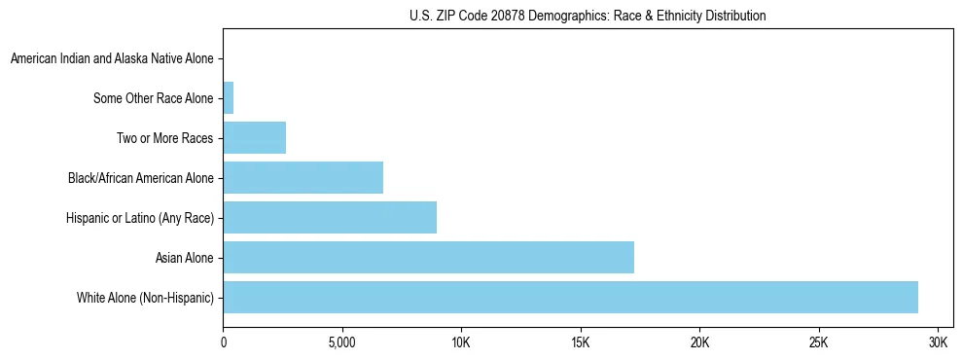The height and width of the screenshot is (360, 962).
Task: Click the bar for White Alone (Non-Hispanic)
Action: point(570,297)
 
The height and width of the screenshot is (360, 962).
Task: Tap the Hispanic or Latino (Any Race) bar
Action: point(330,217)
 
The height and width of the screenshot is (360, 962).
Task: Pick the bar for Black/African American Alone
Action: point(303,178)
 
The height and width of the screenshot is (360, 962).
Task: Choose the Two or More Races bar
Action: point(254,138)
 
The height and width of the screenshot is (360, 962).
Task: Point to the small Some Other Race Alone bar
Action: point(229,98)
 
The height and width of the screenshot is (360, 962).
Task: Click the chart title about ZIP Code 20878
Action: point(588,16)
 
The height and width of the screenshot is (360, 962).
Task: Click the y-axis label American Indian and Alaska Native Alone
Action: point(112,59)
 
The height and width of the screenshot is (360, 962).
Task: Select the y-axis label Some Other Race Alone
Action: point(153,98)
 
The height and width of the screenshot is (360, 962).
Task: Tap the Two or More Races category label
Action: point(164,138)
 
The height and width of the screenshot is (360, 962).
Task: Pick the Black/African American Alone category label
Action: point(140,178)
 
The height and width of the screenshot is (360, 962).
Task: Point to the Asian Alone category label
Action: point(184,258)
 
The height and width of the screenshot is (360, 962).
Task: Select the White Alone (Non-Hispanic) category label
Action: point(145,297)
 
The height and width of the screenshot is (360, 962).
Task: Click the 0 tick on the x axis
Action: point(224,343)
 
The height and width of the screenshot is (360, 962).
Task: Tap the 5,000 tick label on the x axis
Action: point(342,343)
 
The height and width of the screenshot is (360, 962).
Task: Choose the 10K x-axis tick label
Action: point(461,343)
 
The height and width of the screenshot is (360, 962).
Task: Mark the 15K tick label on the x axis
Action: point(581,343)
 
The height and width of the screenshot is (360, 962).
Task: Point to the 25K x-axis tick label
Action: point(819,343)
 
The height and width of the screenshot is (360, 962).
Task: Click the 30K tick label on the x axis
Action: point(938,343)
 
